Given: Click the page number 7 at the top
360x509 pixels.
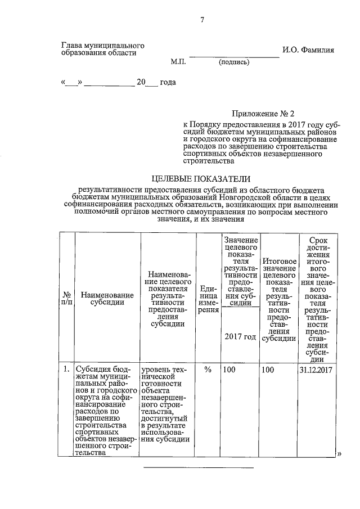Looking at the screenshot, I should coord(202,21).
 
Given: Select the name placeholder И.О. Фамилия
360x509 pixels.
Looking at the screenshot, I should coord(308,50).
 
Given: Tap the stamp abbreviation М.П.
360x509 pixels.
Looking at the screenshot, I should coord(178,62).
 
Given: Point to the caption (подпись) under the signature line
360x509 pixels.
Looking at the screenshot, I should coord(233,62).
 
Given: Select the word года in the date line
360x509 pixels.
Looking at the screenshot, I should coord(168,83).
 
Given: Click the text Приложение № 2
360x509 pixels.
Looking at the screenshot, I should coord(263,114).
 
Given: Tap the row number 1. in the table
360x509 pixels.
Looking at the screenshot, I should coord(66,370).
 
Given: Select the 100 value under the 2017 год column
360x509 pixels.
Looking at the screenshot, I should coord(229,370).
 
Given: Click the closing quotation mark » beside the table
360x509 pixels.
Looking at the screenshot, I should coord(339,453).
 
